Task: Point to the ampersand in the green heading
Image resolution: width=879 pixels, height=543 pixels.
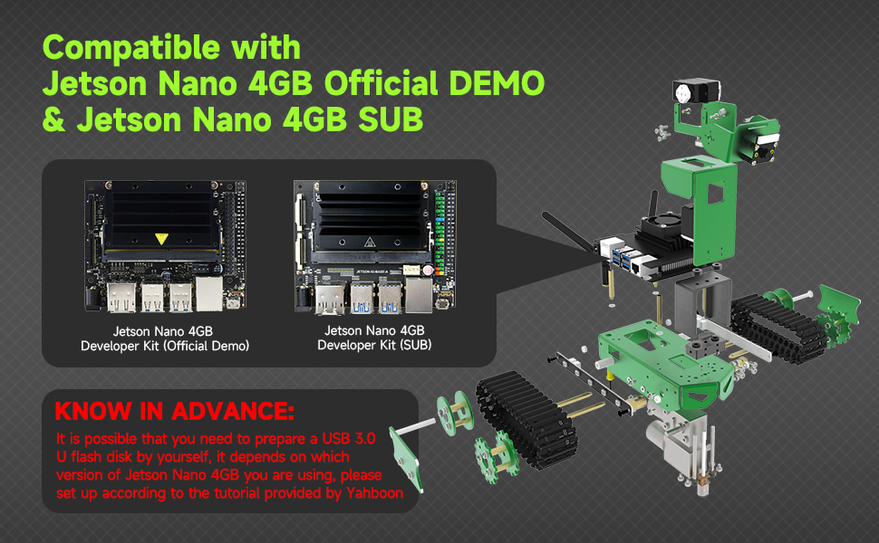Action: tap(53, 120)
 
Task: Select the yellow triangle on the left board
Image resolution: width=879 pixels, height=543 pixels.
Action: tap(160, 239)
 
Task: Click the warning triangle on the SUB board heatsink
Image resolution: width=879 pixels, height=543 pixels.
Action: tap(371, 243)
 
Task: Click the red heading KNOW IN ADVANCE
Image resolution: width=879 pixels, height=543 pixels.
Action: tap(174, 413)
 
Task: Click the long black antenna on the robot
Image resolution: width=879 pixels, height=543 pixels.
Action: tap(567, 231)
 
